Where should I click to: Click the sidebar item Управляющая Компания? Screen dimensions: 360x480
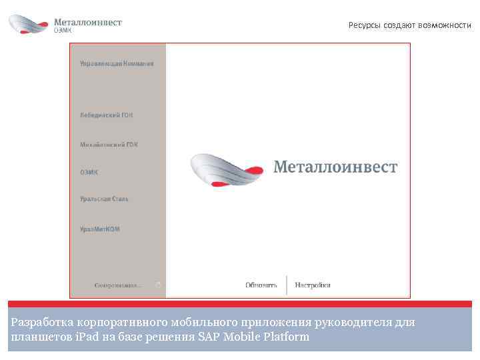click(117, 63)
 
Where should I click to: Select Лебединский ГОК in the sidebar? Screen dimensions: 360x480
click(107, 115)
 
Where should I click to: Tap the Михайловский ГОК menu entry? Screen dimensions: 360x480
click(109, 144)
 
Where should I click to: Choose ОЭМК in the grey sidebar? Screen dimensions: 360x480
click(89, 171)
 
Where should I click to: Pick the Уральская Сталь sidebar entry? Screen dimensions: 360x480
click(105, 199)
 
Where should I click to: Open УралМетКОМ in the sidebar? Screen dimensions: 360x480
click(100, 229)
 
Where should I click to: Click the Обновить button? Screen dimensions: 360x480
click(261, 285)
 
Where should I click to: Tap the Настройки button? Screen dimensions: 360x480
click(313, 285)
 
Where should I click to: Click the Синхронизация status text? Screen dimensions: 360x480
click(118, 285)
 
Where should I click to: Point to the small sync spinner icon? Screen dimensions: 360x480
click(158, 285)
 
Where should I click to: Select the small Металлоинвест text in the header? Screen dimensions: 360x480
click(88, 22)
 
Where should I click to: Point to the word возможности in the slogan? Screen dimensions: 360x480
click(445, 25)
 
